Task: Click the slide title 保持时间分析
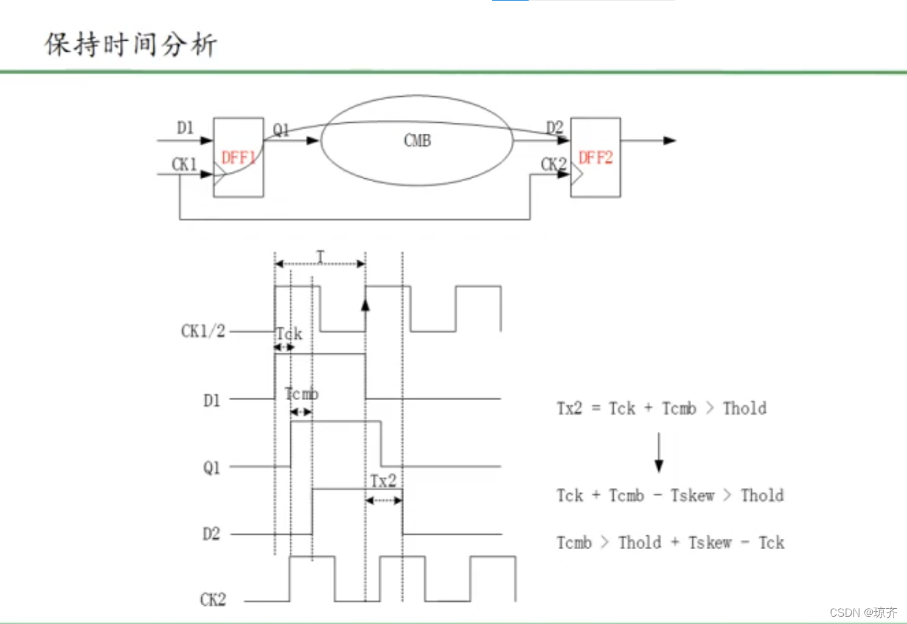point(131,45)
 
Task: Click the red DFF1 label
point(237,158)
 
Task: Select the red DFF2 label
point(596,158)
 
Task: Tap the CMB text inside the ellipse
point(417,140)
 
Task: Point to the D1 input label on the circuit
point(185,128)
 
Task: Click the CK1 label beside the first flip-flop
point(184,164)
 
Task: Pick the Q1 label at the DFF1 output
point(280,130)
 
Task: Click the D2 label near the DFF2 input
point(554,128)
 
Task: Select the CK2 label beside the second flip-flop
point(554,164)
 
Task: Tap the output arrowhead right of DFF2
point(670,140)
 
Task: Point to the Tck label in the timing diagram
point(289,333)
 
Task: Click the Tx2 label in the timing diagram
point(383,481)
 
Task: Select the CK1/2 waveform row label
point(203,331)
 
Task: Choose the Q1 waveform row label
point(211,467)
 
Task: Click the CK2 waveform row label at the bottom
point(213,600)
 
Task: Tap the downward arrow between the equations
point(659,453)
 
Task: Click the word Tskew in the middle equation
point(692,496)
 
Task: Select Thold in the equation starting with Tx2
point(745,408)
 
